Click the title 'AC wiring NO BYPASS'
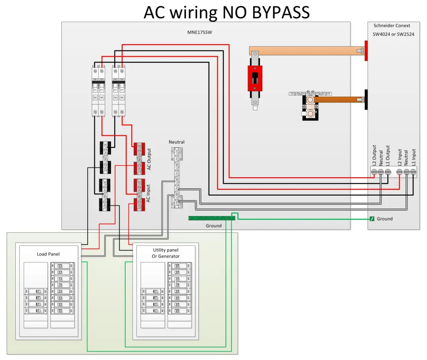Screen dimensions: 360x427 [x=226, y=12]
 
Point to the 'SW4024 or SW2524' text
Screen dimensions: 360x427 [x=393, y=34]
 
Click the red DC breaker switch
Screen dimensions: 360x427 [x=255, y=78]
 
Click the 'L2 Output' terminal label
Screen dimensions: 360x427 [x=374, y=155]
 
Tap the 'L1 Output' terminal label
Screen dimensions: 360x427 [x=388, y=155]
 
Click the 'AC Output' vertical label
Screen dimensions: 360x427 [x=149, y=160]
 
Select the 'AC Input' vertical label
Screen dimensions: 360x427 [x=149, y=193]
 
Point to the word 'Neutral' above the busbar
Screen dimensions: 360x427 [x=176, y=142]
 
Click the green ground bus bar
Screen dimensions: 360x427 [x=212, y=218]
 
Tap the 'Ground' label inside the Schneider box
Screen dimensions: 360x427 [x=384, y=219]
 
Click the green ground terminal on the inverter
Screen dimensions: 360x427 [x=372, y=219]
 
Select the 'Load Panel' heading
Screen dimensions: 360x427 [x=48, y=254]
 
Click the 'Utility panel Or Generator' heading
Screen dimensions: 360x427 [x=166, y=253]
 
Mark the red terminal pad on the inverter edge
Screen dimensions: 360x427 [x=366, y=50]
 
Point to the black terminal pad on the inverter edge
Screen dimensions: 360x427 [x=366, y=100]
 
